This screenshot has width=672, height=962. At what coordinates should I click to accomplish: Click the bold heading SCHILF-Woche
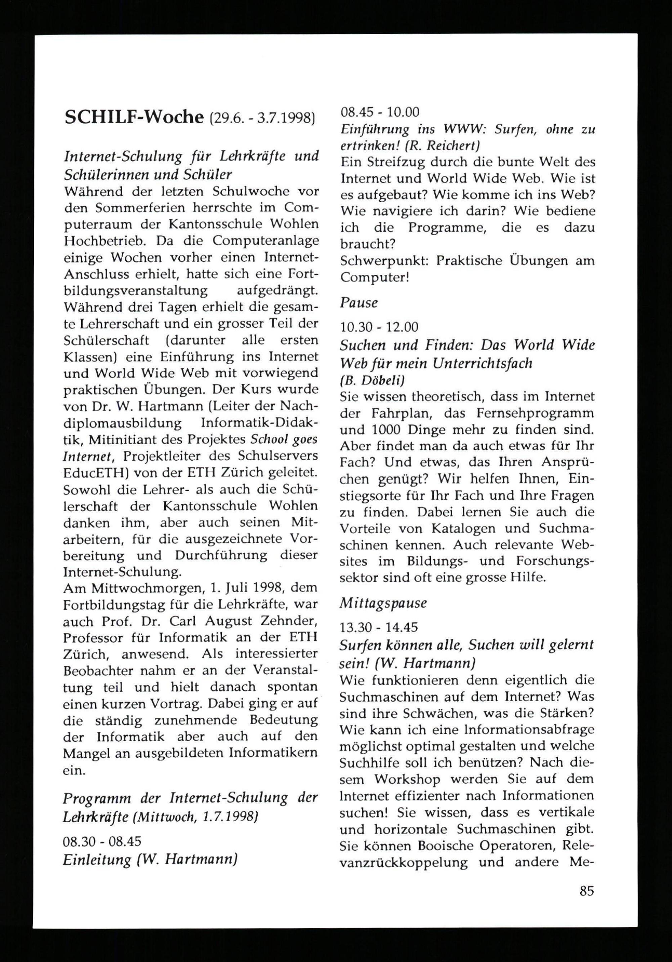[134, 118]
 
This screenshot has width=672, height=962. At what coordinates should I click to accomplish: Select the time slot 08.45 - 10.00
[380, 112]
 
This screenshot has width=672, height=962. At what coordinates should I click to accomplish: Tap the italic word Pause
[359, 302]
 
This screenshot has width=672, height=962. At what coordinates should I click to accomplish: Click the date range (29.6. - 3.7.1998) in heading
[261, 119]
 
